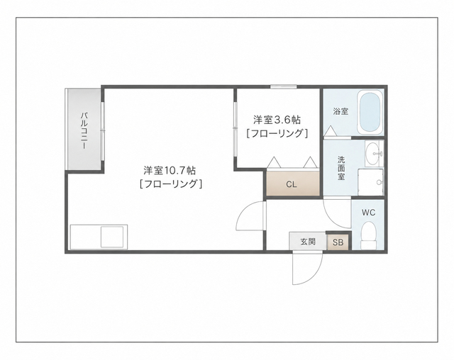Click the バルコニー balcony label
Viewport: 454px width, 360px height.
click(x=84, y=130)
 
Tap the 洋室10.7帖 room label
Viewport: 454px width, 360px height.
click(x=170, y=170)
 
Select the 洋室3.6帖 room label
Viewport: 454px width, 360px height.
click(x=277, y=120)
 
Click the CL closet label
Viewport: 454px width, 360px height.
click(x=292, y=184)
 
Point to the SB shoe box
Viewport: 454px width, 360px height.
click(x=338, y=242)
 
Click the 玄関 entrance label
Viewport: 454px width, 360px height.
click(x=308, y=242)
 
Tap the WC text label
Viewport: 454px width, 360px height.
click(x=368, y=213)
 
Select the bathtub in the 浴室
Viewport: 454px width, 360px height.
click(x=370, y=113)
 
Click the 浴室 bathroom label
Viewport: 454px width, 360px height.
click(x=340, y=111)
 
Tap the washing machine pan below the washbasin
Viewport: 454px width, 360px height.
click(x=370, y=182)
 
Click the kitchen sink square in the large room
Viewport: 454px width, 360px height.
click(x=112, y=237)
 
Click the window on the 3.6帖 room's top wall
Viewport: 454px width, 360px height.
click(x=284, y=86)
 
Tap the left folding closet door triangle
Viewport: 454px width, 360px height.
click(x=274, y=162)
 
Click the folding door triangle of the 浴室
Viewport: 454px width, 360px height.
click(x=330, y=131)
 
